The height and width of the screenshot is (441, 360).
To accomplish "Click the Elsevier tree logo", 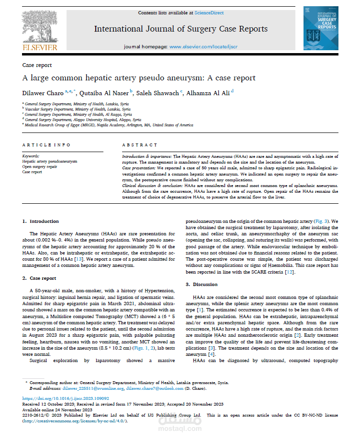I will [39, 28].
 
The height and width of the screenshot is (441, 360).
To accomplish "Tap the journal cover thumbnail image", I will [320, 28].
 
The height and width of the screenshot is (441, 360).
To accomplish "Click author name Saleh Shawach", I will [157, 92].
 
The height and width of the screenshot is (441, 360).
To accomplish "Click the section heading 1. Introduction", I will [41, 221].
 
